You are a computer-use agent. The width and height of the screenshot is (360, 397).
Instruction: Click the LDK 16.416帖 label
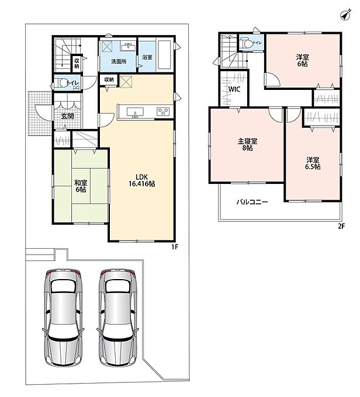[x=141, y=180]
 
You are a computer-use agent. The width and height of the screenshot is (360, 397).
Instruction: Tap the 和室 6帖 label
[x=81, y=186]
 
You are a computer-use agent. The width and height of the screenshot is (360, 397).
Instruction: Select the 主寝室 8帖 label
[x=247, y=144]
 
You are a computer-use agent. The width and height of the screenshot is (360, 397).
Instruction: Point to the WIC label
[x=234, y=89]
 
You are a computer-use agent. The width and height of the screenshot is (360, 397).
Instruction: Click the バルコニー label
[x=252, y=202]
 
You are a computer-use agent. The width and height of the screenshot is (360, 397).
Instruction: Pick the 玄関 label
[x=67, y=116]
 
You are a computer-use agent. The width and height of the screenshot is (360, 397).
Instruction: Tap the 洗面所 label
[x=119, y=61]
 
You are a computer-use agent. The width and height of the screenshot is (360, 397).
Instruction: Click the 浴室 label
[x=147, y=57]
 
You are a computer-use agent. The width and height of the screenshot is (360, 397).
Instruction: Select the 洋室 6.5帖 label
[x=313, y=163]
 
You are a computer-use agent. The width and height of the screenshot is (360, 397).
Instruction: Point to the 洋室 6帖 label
[x=303, y=60]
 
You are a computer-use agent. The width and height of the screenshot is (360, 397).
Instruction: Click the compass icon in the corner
[x=345, y=15]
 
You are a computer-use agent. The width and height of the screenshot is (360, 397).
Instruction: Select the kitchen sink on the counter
[x=135, y=112]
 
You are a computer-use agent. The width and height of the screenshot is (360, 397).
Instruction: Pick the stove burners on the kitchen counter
[x=163, y=112]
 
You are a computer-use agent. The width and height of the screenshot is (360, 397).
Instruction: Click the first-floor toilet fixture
[x=62, y=83]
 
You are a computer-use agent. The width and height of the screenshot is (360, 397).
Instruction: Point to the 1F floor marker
[x=175, y=247]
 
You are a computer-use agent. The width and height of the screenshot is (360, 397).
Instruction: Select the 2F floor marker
[x=341, y=226]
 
